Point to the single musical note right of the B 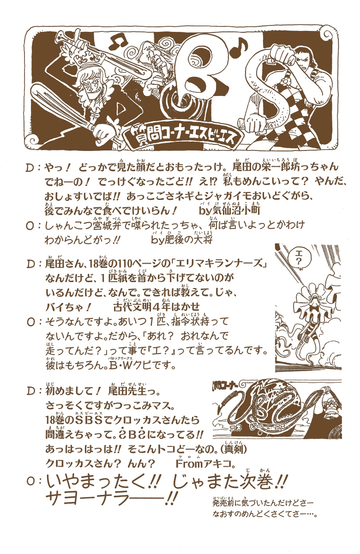pos(238,48)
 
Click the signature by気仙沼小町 pos(229,210)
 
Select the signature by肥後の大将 pos(182,239)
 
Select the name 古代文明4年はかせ pos(157,307)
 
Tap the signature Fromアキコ pos(205,464)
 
